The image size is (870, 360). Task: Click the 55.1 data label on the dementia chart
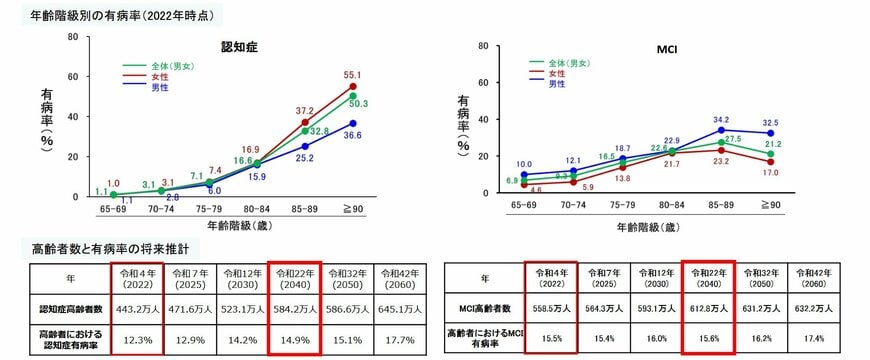coord(352,75)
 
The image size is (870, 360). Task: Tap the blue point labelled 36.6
coord(352,123)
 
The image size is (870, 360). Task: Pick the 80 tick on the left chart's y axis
coord(71,37)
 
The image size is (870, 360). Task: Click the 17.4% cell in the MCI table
coord(816,340)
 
